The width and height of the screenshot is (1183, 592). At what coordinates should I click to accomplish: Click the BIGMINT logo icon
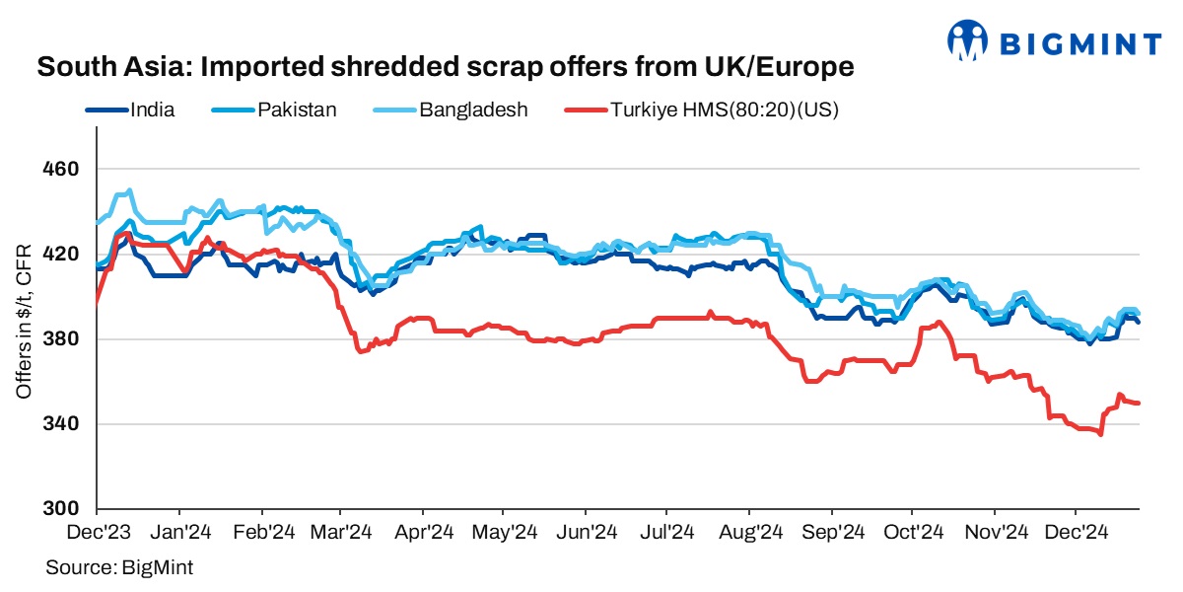pyautogui.click(x=968, y=40)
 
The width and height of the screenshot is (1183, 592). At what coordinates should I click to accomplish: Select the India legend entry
pyautogui.click(x=152, y=110)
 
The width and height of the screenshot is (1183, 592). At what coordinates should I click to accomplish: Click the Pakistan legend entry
pyautogui.click(x=297, y=110)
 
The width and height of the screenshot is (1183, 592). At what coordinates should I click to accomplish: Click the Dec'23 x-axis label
pyautogui.click(x=97, y=533)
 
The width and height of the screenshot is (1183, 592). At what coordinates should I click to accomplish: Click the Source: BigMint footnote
pyautogui.click(x=119, y=567)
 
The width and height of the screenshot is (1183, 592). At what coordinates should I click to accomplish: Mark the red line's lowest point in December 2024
pyautogui.click(x=1100, y=434)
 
